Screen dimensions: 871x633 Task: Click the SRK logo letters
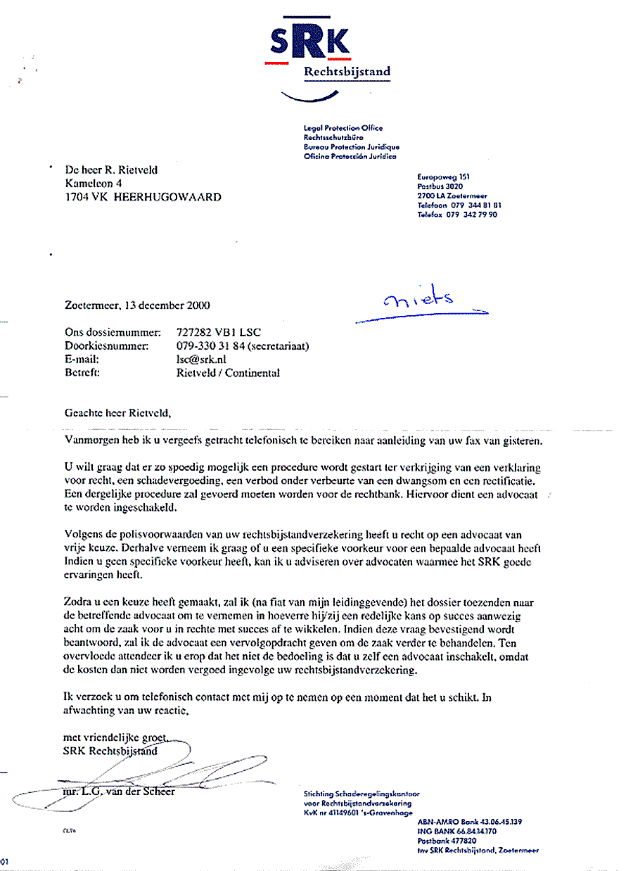click(309, 44)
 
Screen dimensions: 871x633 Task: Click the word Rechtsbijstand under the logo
click(347, 72)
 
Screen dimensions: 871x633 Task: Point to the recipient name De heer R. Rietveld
click(111, 170)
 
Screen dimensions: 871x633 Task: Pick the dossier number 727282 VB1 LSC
click(219, 332)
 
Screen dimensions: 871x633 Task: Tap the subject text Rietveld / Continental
click(228, 373)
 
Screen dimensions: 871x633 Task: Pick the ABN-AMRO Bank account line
click(470, 821)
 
